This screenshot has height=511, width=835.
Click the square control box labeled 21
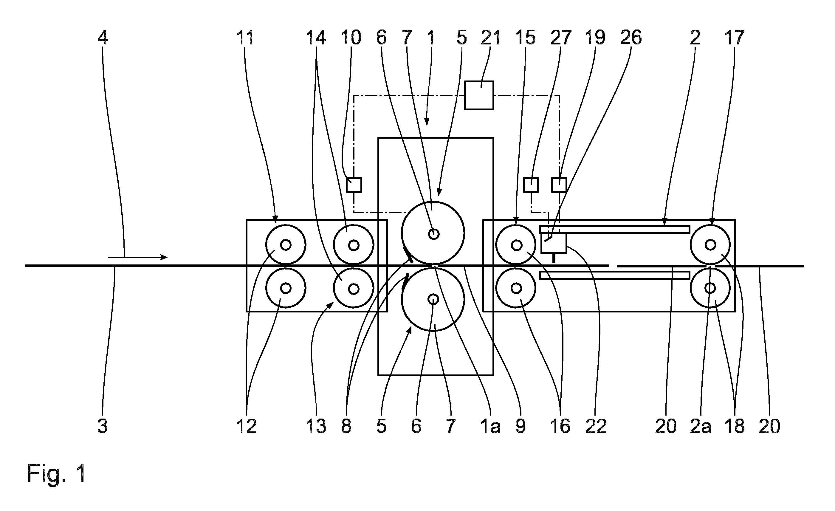coord(479,95)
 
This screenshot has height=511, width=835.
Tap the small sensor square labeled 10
coord(354,185)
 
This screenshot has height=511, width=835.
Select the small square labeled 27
coord(531,185)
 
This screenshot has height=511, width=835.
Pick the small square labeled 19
coord(559,185)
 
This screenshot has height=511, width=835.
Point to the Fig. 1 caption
coord(57,473)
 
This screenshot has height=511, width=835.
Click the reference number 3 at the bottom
coord(103,426)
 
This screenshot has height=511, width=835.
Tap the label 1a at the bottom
coord(490,426)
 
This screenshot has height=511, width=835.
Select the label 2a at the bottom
coord(701,426)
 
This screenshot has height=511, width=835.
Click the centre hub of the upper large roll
coord(433,234)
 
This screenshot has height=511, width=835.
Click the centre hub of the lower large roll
coord(433,299)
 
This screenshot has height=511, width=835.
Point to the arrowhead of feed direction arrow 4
coord(164,257)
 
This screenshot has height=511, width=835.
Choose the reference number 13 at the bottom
coord(316,426)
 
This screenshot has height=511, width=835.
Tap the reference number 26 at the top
coord(631,37)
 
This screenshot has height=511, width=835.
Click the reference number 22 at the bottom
coord(596,426)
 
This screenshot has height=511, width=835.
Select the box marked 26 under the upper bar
coord(553,243)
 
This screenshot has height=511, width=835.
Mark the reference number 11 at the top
coord(245,37)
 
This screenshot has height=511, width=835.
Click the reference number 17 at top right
coord(734,37)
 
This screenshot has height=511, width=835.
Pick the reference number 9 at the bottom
coord(520,426)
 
